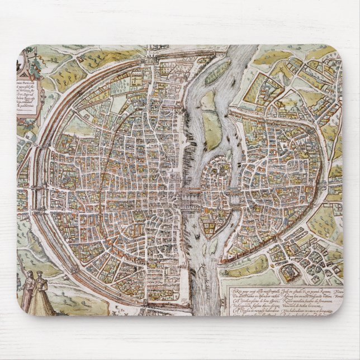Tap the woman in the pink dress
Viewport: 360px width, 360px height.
(28, 291)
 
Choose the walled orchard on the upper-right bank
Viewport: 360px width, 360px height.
(268, 84)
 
